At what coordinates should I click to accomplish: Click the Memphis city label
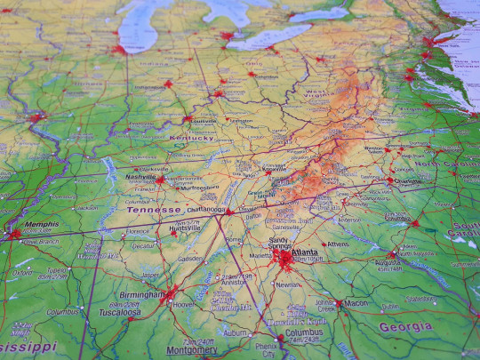click(x=43, y=225)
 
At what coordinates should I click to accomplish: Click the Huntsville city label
click(x=185, y=228)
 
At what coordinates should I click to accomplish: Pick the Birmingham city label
click(x=141, y=294)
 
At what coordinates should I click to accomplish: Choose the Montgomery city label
click(x=192, y=350)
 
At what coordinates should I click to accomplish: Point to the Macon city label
click(x=356, y=303)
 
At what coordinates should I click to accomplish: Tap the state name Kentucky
click(x=191, y=138)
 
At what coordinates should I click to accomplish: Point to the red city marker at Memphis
click(x=14, y=235)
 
